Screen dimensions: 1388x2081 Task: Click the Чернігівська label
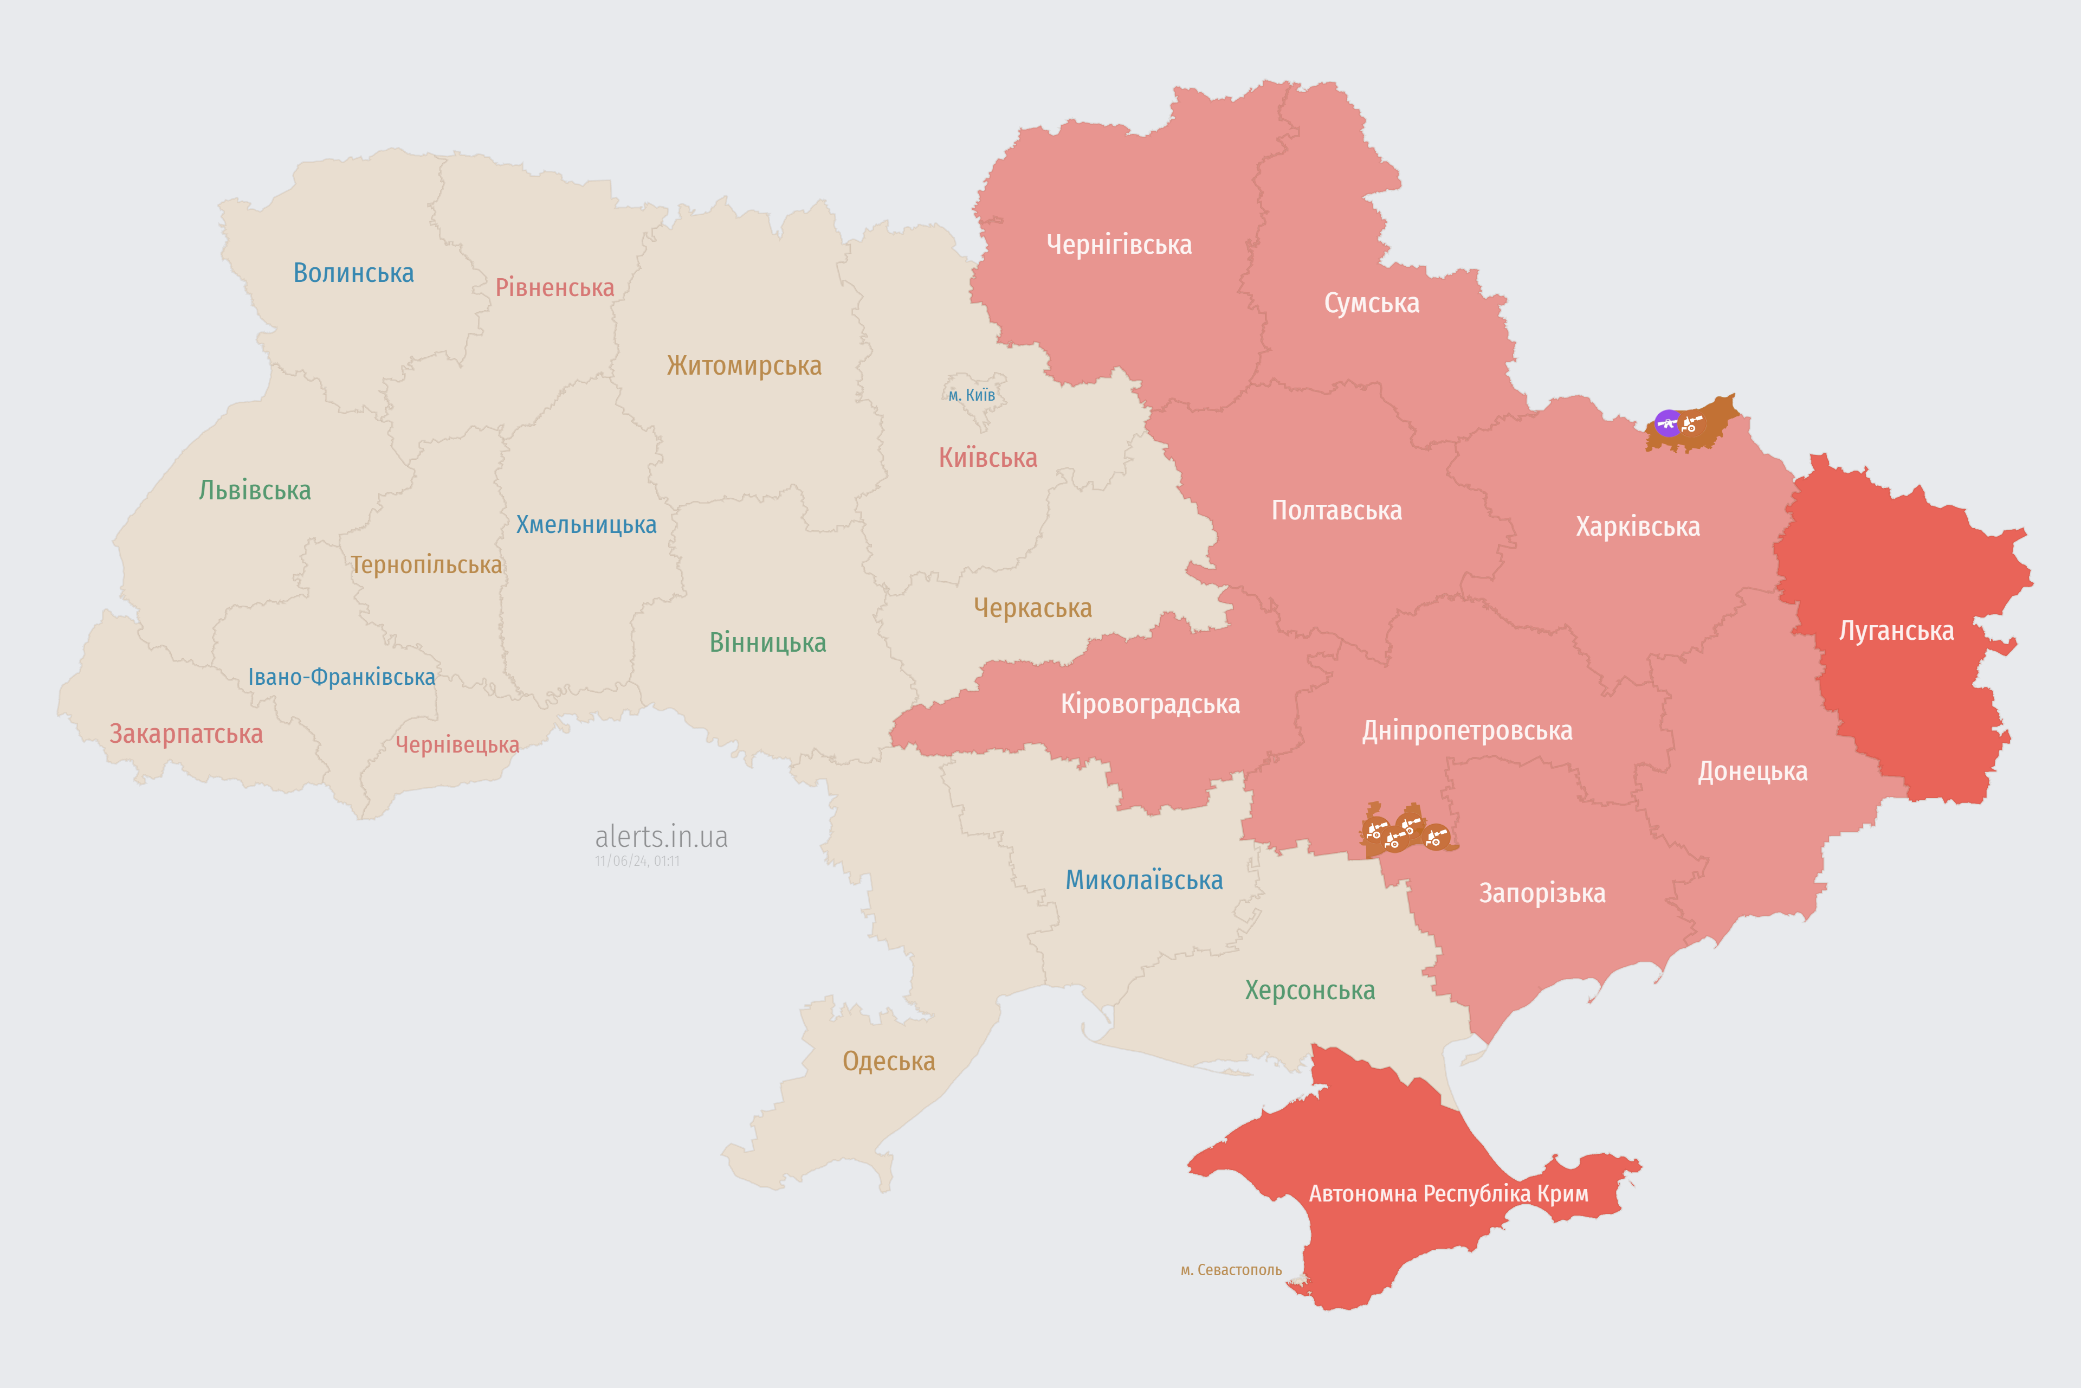(1119, 245)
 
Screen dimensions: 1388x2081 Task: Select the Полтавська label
(1336, 511)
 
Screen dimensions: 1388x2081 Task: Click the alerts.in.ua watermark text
(661, 837)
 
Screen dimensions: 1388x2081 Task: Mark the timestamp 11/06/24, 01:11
(637, 862)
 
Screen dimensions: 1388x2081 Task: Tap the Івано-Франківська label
(341, 677)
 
